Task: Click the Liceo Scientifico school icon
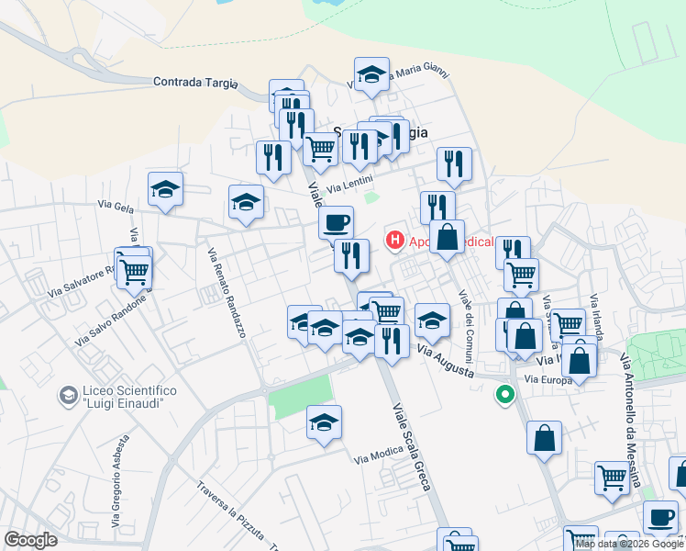point(68,396)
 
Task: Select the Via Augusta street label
point(446,360)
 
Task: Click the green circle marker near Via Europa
point(503,396)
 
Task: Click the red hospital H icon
point(395,242)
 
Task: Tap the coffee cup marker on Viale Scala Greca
point(337,221)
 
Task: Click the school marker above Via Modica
point(324,422)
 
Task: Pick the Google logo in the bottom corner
point(31,540)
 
